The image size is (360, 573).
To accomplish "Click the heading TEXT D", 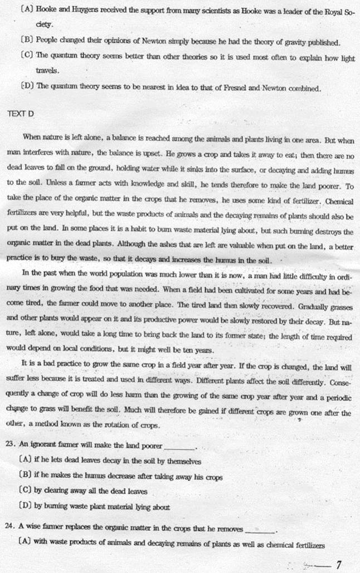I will coord(21,113).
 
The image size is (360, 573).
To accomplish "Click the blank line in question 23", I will coord(179,447).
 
